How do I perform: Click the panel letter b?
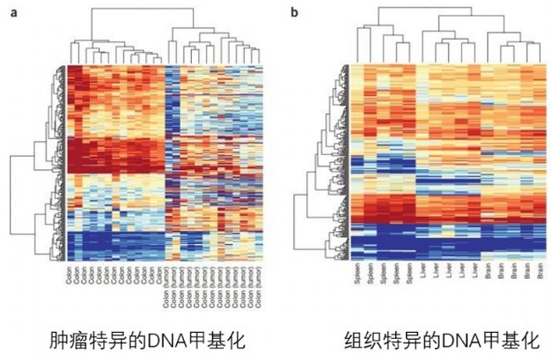(294, 13)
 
